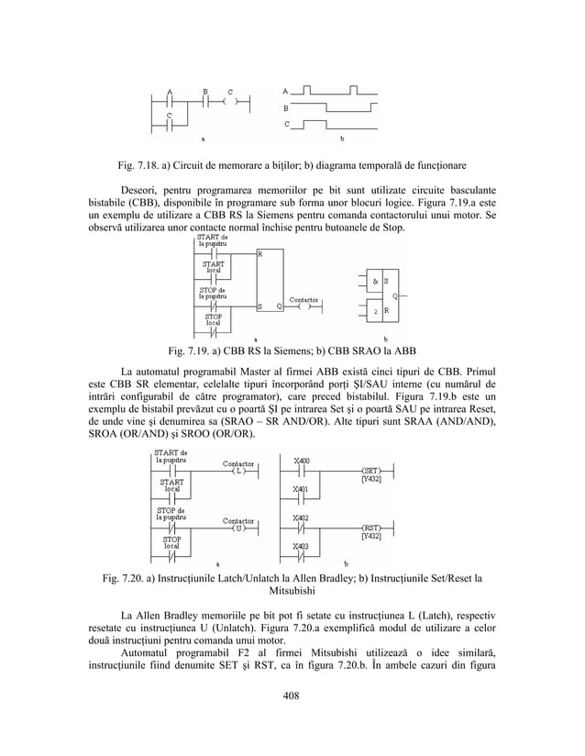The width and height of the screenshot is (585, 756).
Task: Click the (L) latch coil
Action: tap(237, 472)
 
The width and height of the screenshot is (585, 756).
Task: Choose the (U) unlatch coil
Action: tap(237, 529)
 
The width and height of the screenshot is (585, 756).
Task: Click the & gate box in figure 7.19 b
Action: tap(374, 280)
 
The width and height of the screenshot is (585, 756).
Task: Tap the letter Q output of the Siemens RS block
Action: tap(279, 306)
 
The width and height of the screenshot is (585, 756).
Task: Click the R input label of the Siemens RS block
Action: tap(261, 253)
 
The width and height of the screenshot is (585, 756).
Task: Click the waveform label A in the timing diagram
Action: tap(286, 91)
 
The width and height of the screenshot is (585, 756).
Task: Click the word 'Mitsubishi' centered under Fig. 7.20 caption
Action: tap(292, 592)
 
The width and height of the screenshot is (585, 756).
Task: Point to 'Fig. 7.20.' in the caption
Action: tap(124, 577)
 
